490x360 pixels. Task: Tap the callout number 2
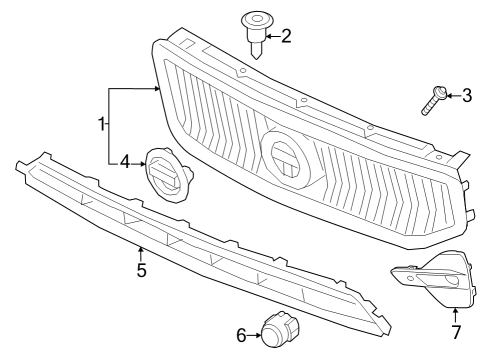click(286, 37)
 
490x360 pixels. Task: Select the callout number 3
click(466, 95)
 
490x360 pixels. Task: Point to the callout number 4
click(125, 160)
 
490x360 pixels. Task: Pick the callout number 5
click(141, 270)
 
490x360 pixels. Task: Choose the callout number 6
click(241, 334)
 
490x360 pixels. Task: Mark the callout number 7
click(455, 332)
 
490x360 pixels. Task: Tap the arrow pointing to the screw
click(449, 96)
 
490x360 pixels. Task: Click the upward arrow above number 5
click(141, 253)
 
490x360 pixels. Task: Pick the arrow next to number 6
click(254, 334)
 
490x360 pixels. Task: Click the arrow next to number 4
click(139, 160)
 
